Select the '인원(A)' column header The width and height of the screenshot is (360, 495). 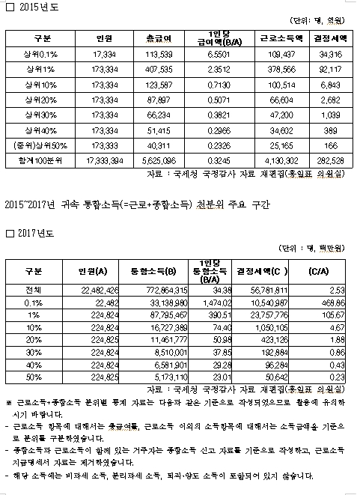[91, 270]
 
